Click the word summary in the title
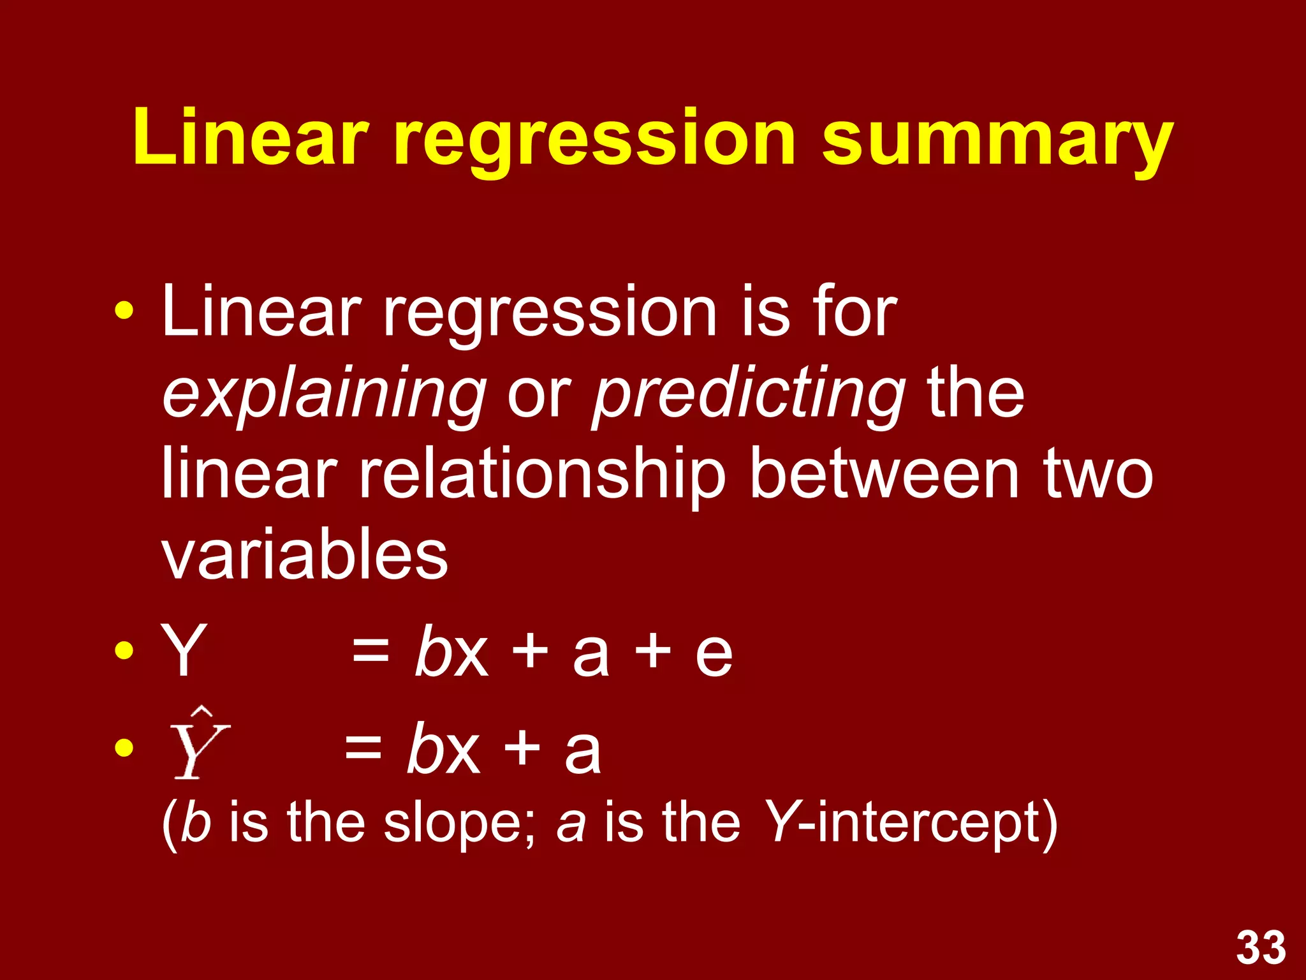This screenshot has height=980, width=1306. tap(997, 139)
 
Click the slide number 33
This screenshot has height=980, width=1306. tap(1261, 948)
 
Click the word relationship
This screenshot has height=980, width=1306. tap(542, 475)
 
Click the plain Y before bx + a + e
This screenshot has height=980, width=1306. tap(184, 651)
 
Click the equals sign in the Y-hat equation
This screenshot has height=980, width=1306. tap(363, 747)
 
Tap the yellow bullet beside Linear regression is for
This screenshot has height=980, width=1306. tap(124, 312)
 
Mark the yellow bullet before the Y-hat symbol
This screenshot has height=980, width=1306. tap(124, 747)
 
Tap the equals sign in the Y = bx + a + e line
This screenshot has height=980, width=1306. tap(371, 652)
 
